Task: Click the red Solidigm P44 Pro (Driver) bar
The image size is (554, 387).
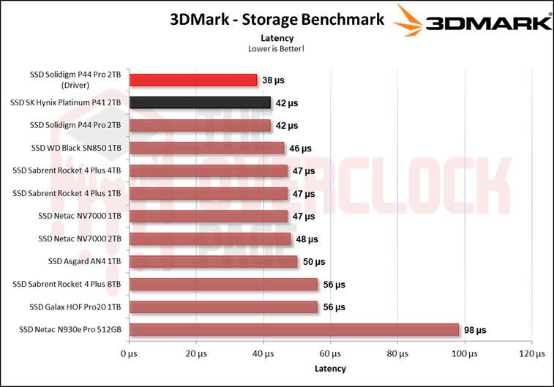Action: click(x=193, y=80)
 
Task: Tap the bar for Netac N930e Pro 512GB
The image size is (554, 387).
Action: click(x=294, y=329)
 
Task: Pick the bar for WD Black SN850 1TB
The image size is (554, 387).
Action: click(x=206, y=148)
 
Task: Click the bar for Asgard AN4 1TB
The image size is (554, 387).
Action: click(x=213, y=261)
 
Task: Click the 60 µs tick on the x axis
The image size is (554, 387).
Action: click(x=330, y=354)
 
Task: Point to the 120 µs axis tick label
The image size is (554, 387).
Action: click(x=533, y=354)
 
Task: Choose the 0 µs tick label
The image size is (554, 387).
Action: click(x=129, y=354)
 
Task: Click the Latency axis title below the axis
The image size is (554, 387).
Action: click(x=330, y=368)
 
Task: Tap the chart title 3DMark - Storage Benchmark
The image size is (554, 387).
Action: click(x=277, y=20)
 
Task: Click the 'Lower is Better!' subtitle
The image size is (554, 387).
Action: click(x=277, y=48)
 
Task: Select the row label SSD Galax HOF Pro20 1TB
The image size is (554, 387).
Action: click(x=75, y=307)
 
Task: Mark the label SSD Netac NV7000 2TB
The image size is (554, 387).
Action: click(x=79, y=238)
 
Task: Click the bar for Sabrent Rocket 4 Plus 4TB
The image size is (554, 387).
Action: click(x=209, y=170)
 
